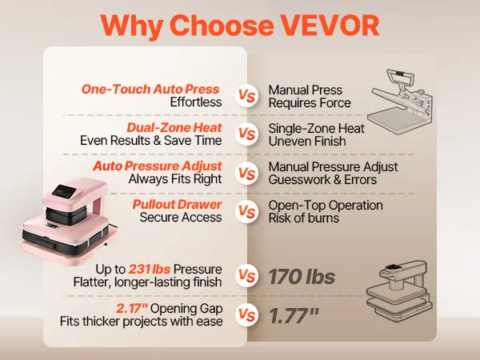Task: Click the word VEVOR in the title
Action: pyautogui.click(x=330, y=25)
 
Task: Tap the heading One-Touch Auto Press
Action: pyautogui.click(x=150, y=89)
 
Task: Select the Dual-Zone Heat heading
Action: pyautogui.click(x=174, y=128)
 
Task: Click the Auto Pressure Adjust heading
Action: pyautogui.click(x=158, y=166)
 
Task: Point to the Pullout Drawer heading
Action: pyautogui.click(x=178, y=204)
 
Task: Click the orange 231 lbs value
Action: pyautogui.click(x=150, y=269)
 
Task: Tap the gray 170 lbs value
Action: pyautogui.click(x=302, y=277)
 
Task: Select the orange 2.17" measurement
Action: pyautogui.click(x=132, y=308)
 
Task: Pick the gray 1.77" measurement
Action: pyautogui.click(x=294, y=316)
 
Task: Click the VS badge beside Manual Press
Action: pyautogui.click(x=246, y=96)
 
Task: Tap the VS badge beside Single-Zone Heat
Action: pyautogui.click(x=246, y=134)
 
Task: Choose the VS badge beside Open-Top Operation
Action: pyautogui.click(x=246, y=211)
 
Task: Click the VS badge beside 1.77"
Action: pyautogui.click(x=246, y=315)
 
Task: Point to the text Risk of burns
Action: pyautogui.click(x=304, y=218)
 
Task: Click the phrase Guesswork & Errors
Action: pyautogui.click(x=322, y=180)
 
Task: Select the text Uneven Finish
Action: pyautogui.click(x=307, y=141)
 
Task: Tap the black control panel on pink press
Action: pyautogui.click(x=64, y=192)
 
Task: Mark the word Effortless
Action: pyautogui.click(x=196, y=102)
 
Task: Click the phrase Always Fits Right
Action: pyautogui.click(x=175, y=179)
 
